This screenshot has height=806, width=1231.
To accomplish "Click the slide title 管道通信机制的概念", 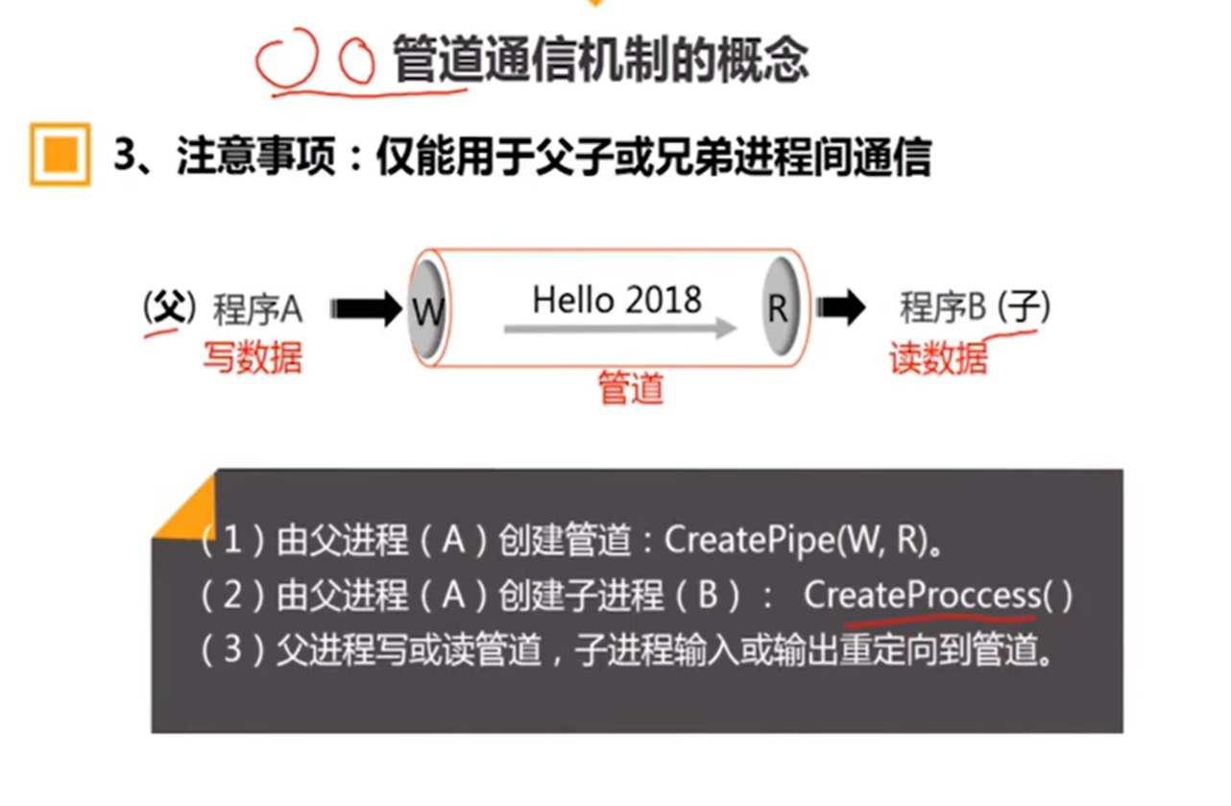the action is [x=600, y=60].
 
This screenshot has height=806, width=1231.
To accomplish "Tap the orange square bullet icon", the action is [x=60, y=154].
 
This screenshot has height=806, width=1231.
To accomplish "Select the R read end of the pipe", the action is [x=778, y=307].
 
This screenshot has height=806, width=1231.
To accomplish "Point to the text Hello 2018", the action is [x=616, y=300].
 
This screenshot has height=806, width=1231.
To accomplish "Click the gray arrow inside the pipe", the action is [x=620, y=330].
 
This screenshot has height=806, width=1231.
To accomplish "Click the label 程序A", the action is [x=257, y=309].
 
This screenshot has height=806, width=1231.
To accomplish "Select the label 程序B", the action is [x=943, y=308].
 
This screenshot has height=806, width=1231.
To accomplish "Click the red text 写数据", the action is [x=252, y=357].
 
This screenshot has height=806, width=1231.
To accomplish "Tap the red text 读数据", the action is [x=938, y=359].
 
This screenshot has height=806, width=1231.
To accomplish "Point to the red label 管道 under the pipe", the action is [x=631, y=388].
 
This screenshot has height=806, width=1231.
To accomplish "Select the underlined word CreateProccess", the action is [x=922, y=596].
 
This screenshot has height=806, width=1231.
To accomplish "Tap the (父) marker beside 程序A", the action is [x=169, y=308].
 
